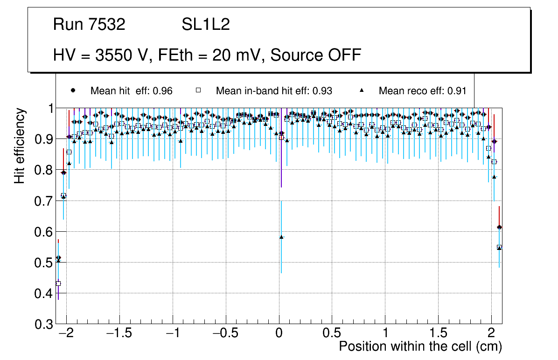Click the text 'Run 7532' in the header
click(x=89, y=25)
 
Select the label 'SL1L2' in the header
click(x=206, y=25)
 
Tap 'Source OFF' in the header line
click(x=316, y=55)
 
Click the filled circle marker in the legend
click(x=72, y=90)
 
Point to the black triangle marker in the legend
click(x=362, y=90)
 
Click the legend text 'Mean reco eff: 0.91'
click(x=422, y=91)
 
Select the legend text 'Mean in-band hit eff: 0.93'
click(x=274, y=91)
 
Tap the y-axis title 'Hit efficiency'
click(x=20, y=145)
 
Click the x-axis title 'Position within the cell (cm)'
click(x=420, y=346)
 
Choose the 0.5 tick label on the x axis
click(x=332, y=334)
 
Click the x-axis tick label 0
click(x=279, y=334)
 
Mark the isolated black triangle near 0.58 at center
click(x=281, y=237)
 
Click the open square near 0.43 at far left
click(x=58, y=283)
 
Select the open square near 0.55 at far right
click(x=499, y=247)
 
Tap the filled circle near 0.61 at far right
click(x=499, y=227)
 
